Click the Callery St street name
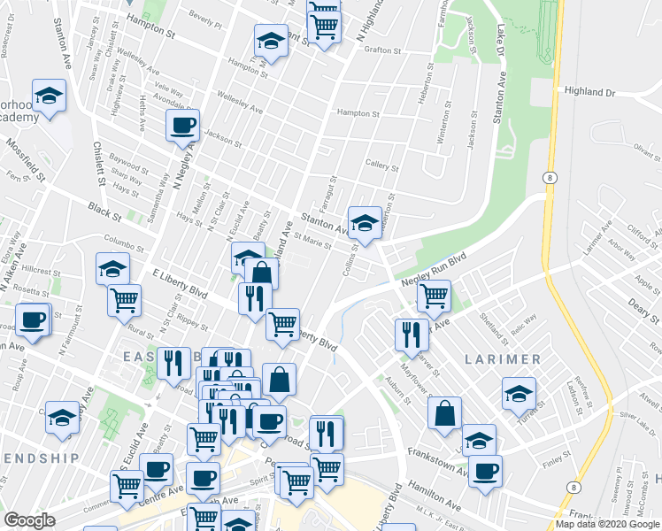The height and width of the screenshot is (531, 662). [381, 165]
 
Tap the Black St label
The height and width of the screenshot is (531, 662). [104, 210]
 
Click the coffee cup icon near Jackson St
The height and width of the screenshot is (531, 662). [183, 125]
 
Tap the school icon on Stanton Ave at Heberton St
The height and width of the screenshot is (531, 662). [364, 222]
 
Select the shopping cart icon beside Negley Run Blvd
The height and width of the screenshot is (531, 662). [434, 296]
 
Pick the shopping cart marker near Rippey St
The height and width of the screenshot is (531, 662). [125, 299]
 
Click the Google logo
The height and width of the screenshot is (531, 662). [30, 520]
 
